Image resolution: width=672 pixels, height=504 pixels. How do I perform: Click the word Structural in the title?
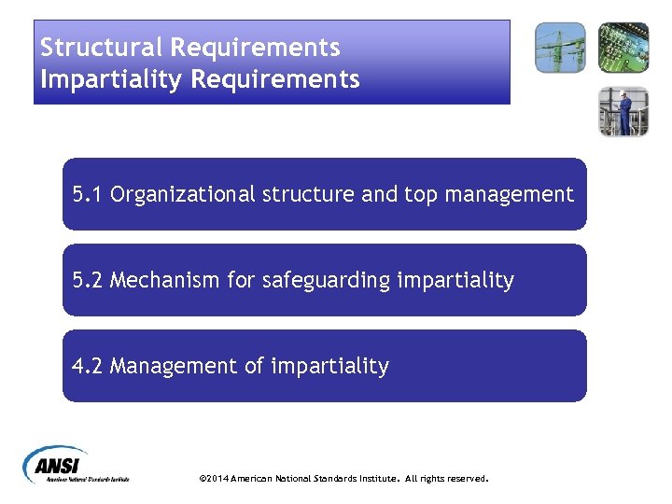pyautogui.click(x=97, y=48)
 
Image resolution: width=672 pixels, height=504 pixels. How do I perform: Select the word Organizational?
pyautogui.click(x=183, y=194)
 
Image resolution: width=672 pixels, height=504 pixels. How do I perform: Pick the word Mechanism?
pyautogui.click(x=162, y=280)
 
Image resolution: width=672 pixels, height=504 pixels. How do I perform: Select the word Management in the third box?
pyautogui.click(x=175, y=366)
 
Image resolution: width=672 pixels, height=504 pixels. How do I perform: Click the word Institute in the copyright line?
pyautogui.click(x=376, y=479)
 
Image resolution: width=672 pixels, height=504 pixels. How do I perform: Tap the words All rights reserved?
pyautogui.click(x=446, y=479)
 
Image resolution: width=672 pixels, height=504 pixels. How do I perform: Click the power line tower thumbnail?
pyautogui.click(x=560, y=48)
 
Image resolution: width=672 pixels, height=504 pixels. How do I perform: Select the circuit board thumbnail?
pyautogui.click(x=623, y=48)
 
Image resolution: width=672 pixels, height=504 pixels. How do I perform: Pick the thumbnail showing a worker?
pyautogui.click(x=623, y=111)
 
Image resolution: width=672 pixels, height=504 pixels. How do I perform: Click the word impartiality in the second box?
pyautogui.click(x=455, y=280)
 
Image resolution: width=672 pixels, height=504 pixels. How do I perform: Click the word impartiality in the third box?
pyautogui.click(x=329, y=366)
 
